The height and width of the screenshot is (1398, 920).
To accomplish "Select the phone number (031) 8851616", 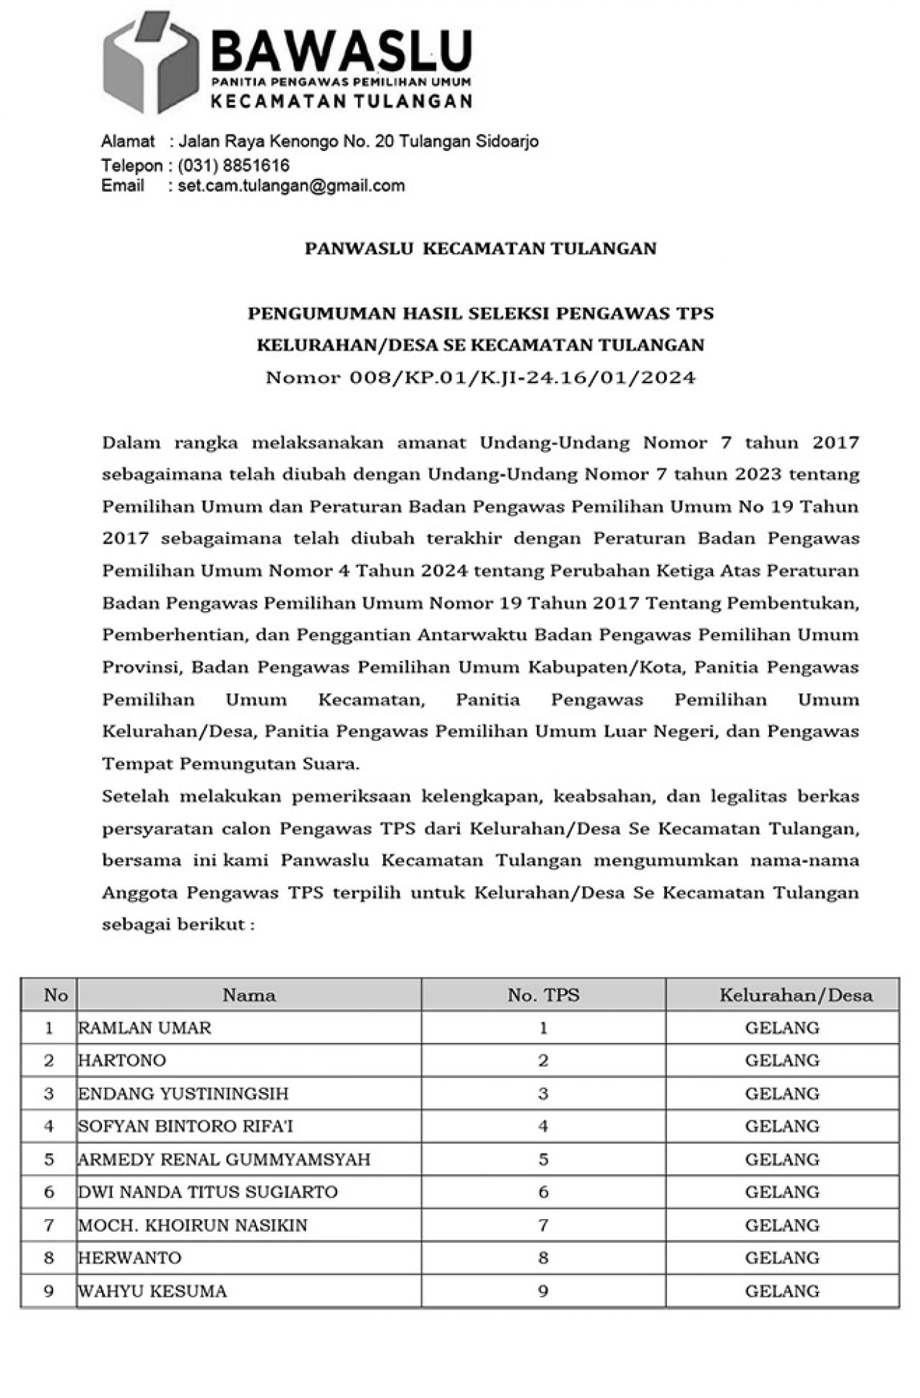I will pyautogui.click(x=234, y=165).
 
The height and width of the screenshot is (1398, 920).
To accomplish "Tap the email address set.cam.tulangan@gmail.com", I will pyautogui.click(x=291, y=185).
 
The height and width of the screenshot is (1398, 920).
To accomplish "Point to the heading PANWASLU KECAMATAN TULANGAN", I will pyautogui.click(x=480, y=249).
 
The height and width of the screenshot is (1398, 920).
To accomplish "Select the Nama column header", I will pyautogui.click(x=249, y=995).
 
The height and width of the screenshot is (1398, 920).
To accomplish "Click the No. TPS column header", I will pyautogui.click(x=543, y=995).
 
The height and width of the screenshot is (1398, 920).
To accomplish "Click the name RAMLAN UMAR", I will pyautogui.click(x=144, y=1028).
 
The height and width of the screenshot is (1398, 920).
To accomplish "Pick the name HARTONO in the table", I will pyautogui.click(x=122, y=1060).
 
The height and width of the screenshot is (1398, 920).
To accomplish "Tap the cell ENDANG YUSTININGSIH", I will pyautogui.click(x=183, y=1094).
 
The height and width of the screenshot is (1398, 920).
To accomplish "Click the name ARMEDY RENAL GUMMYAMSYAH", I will pyautogui.click(x=224, y=1159).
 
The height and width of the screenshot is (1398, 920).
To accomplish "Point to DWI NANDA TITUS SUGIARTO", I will pyautogui.click(x=208, y=1192).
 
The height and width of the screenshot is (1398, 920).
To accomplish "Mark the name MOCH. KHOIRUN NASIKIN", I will pyautogui.click(x=193, y=1225).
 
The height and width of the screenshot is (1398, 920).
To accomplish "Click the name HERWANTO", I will pyautogui.click(x=130, y=1258).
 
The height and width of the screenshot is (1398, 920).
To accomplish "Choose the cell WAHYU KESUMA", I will pyautogui.click(x=152, y=1291).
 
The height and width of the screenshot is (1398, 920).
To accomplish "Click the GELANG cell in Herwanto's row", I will pyautogui.click(x=782, y=1258).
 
